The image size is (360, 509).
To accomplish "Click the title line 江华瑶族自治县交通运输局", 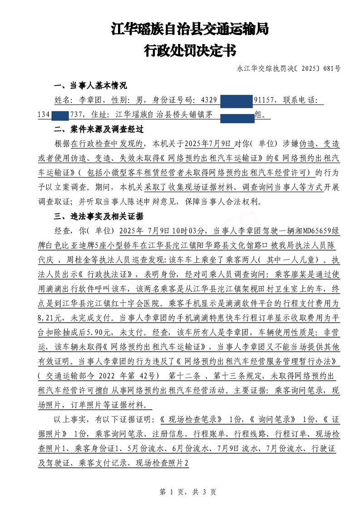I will [190, 29].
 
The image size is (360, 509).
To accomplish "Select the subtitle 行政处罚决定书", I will [190, 49].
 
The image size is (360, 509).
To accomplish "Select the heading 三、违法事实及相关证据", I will [99, 216].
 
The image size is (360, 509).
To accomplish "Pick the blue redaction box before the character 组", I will [237, 117].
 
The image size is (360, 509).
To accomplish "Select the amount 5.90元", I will [101, 332].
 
